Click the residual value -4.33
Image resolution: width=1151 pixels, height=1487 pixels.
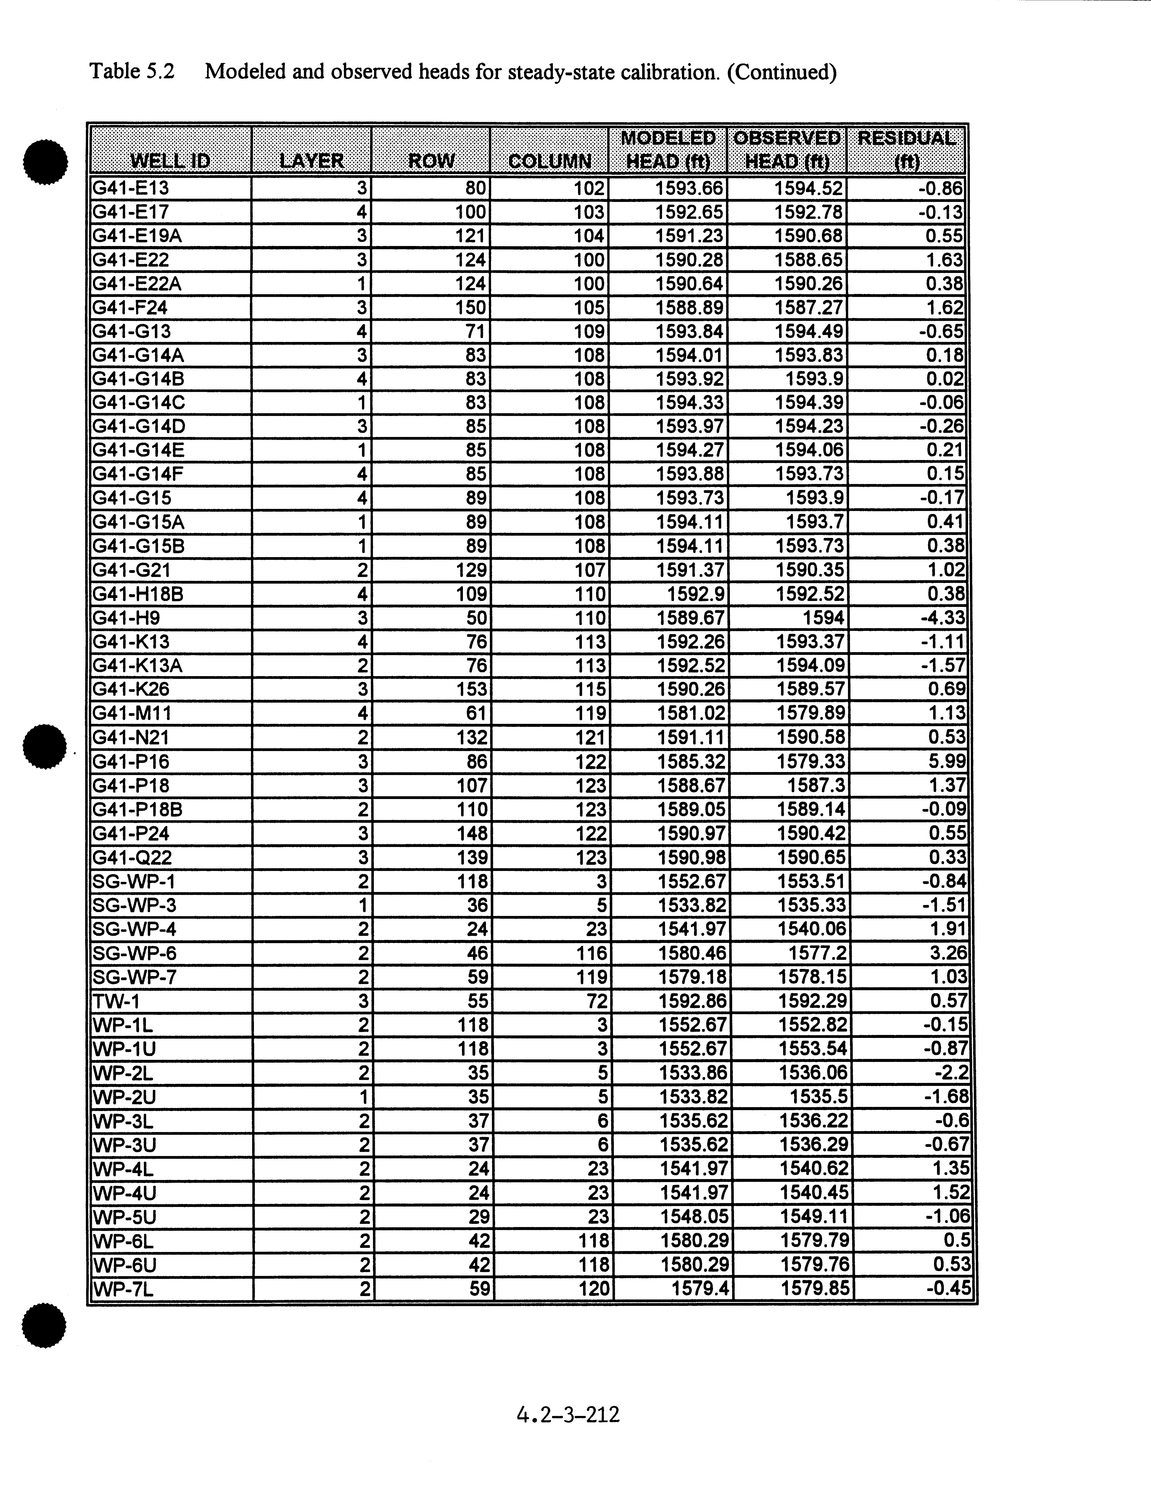[943, 618]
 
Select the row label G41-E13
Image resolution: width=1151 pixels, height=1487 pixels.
[131, 188]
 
